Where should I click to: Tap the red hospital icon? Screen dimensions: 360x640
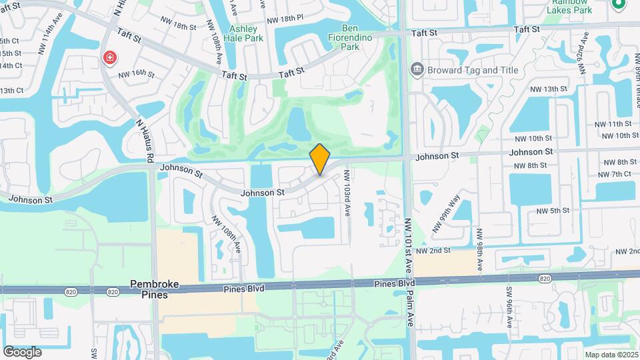[x=108, y=59]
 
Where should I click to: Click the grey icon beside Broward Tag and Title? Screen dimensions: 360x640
[x=417, y=69]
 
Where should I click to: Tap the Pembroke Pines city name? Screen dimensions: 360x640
[x=155, y=289]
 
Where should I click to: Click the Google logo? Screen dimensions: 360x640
[x=22, y=351]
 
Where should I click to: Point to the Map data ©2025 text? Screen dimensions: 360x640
[x=611, y=355]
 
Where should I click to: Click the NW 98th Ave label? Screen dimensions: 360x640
[x=479, y=247]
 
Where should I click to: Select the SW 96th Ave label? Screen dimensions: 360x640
[x=509, y=312]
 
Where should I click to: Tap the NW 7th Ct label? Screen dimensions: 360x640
[x=614, y=174]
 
